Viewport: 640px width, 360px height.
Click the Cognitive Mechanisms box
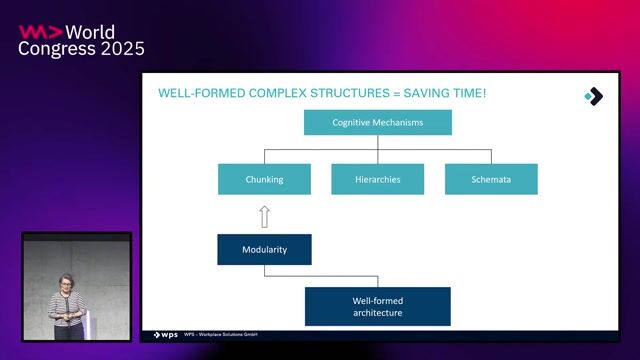[x=378, y=122]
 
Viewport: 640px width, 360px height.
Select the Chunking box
[x=265, y=179]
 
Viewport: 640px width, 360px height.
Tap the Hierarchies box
[x=378, y=179]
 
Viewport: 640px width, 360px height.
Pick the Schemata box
[x=491, y=179]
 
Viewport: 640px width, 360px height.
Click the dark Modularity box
[x=264, y=249]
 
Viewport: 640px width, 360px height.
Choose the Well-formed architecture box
[x=377, y=306]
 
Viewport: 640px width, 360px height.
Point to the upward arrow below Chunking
[x=264, y=215]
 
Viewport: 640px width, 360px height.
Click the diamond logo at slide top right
[x=593, y=96]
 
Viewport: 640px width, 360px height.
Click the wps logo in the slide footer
[x=165, y=335]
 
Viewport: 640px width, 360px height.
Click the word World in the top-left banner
[x=86, y=31]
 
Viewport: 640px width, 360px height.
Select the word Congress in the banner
[x=54, y=48]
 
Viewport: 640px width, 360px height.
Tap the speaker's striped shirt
[x=68, y=310]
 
